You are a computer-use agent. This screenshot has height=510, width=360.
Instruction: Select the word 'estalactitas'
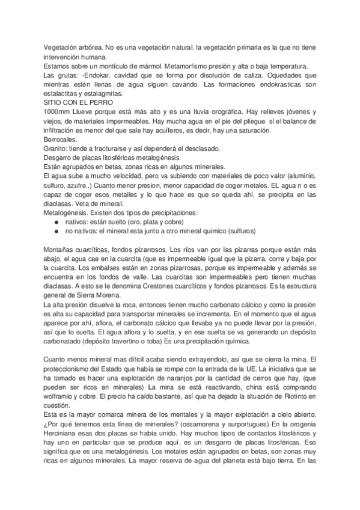[62, 93]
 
